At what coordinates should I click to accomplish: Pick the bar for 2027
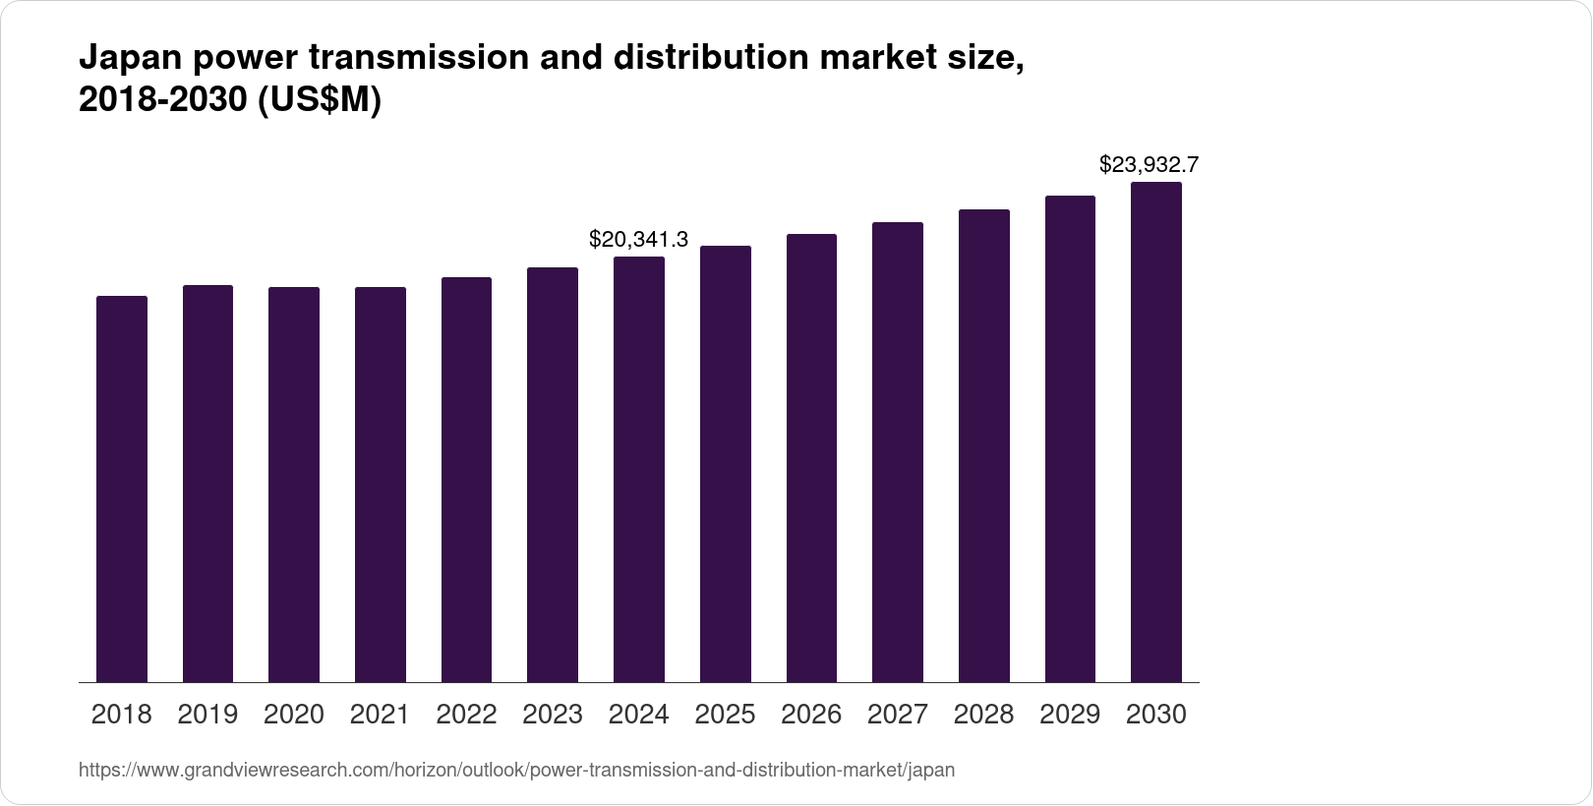click(898, 452)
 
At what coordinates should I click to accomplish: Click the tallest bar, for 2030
click(1156, 432)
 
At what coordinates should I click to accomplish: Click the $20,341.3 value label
click(638, 239)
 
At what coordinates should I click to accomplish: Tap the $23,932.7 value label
click(1149, 164)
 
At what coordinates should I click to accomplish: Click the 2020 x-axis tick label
click(294, 715)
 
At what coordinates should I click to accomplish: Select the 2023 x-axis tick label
click(553, 715)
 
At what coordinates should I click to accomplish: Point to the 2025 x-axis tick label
click(725, 715)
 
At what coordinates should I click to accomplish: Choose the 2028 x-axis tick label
click(983, 715)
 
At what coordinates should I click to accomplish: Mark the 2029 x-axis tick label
click(1070, 715)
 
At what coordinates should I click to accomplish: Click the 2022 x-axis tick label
click(466, 715)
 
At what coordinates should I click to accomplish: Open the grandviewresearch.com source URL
click(516, 770)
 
